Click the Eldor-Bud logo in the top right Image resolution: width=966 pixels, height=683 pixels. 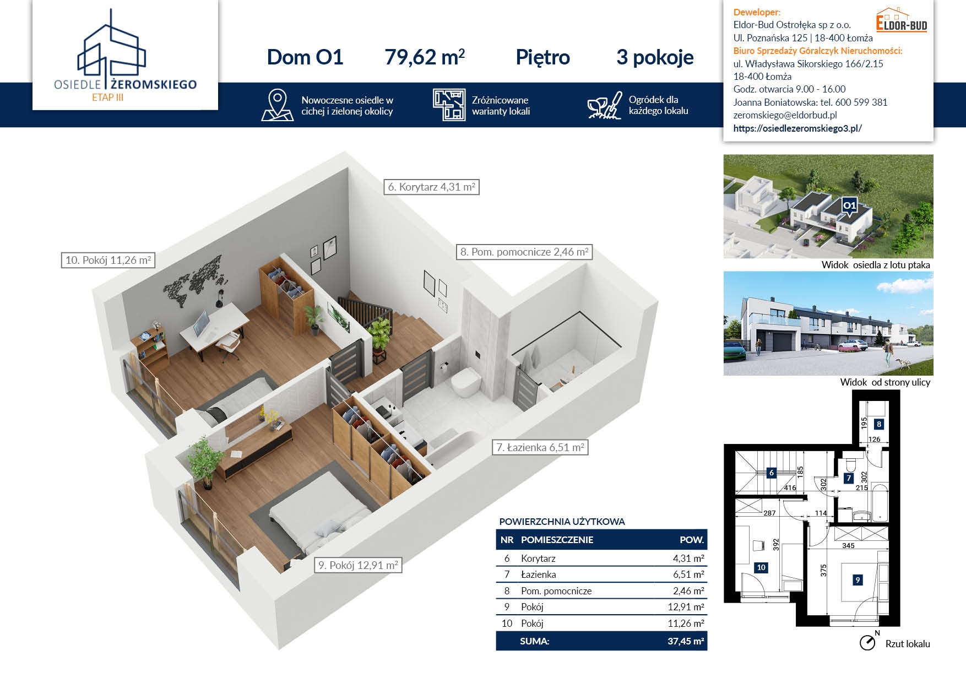[902, 20]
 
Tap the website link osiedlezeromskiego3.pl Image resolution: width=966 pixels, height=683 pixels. [797, 128]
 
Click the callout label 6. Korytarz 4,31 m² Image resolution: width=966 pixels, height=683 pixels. [432, 187]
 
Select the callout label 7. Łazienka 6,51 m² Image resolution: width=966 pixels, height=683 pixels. [540, 447]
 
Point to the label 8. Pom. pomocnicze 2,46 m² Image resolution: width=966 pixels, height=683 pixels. [524, 252]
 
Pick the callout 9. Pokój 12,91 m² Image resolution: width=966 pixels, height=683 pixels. [358, 565]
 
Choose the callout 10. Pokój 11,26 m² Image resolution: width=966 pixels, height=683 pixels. [108, 260]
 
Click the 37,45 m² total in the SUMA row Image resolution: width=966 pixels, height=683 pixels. [686, 641]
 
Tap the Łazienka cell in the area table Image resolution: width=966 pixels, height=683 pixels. [538, 574]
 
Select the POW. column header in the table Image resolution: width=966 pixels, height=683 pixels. [692, 540]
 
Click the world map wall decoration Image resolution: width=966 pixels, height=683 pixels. [193, 281]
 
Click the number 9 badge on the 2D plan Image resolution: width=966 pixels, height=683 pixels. [858, 579]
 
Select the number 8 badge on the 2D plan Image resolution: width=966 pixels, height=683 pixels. [879, 424]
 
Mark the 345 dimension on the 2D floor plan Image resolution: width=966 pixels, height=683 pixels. [848, 546]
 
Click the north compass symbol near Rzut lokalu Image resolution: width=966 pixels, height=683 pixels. [868, 642]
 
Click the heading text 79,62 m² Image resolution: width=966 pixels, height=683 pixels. [425, 57]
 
